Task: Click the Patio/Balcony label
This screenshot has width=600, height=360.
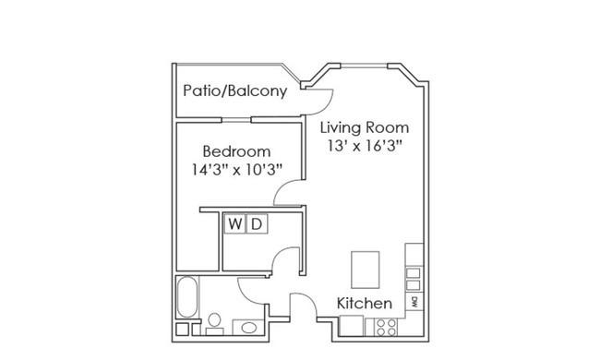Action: point(235,91)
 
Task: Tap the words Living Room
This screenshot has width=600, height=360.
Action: point(365,127)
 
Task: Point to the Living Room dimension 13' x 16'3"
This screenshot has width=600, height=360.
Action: point(365,146)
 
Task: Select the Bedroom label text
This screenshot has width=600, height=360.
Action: point(236,151)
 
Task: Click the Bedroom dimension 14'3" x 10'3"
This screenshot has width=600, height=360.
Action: point(236,170)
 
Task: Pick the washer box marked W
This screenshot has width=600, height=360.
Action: point(235,223)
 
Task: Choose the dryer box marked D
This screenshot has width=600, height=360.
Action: point(257,223)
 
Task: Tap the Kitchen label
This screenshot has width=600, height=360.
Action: point(365,304)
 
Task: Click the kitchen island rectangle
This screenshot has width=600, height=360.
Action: point(366,270)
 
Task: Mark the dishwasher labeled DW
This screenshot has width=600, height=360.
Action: point(414,302)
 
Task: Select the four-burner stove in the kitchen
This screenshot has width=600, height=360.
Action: point(386,327)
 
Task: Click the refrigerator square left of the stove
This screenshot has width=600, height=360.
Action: point(352,326)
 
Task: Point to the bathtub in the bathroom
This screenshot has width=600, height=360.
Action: point(187,297)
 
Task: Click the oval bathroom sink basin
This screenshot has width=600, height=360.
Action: point(248,328)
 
